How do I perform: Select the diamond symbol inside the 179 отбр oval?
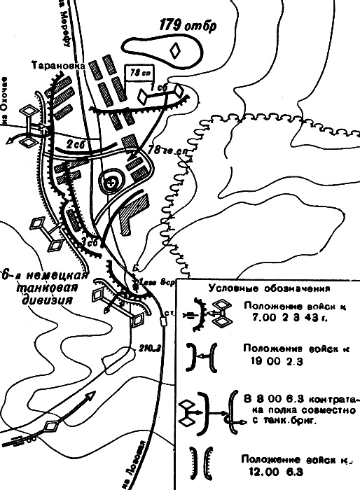coord(176,50)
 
